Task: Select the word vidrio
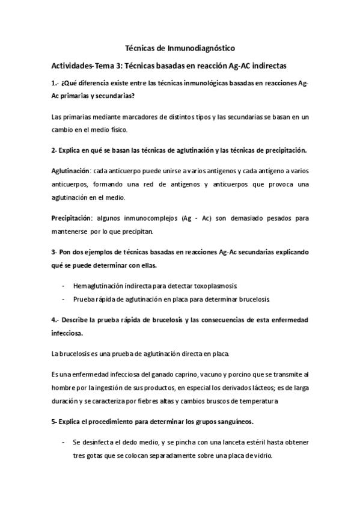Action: pyautogui.click(x=260, y=455)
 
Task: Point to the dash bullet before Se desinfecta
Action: pyautogui.click(x=64, y=442)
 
